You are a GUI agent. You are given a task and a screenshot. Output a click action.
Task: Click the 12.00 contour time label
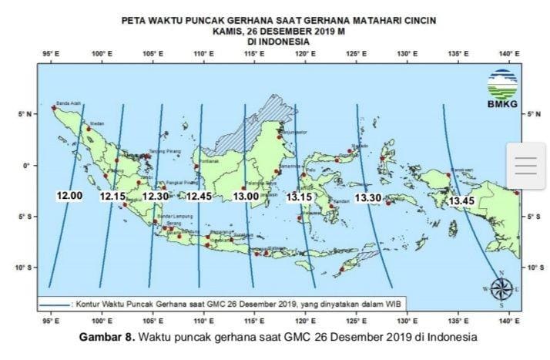(x=69, y=196)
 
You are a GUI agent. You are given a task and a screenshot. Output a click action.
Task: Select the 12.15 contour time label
(x=112, y=197)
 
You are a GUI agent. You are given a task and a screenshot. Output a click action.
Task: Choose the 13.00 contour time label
(x=246, y=197)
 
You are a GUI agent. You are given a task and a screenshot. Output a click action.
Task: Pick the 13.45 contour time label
(x=461, y=201)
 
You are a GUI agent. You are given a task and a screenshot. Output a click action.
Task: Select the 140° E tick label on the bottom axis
(x=506, y=320)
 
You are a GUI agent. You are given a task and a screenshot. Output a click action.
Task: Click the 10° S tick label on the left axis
(x=26, y=267)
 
